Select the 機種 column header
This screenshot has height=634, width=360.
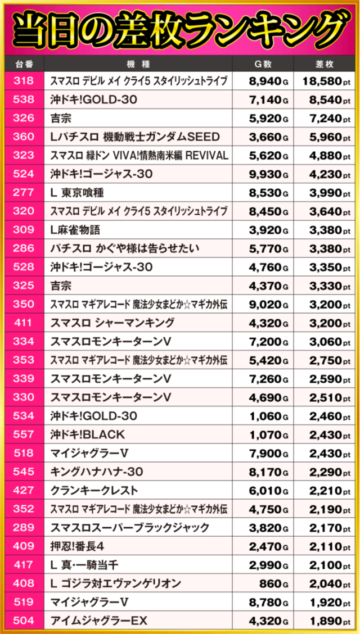143,63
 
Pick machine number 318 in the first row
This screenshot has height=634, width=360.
23,81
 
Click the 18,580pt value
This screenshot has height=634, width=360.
326,81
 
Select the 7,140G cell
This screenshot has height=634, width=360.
268,100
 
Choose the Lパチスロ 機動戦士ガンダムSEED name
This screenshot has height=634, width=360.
134,137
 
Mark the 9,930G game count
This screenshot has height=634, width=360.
268,174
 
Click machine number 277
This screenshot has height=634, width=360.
23,193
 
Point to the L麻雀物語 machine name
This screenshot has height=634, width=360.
75,230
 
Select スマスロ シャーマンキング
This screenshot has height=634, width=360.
112,323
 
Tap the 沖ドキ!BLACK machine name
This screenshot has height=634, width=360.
87,434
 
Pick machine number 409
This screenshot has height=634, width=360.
23,546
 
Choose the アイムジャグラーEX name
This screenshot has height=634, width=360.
98,621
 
